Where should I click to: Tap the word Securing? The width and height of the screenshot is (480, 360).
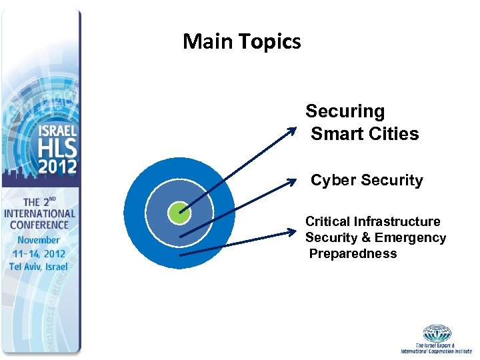pos(345,111)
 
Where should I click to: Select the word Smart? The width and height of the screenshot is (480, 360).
pos(336,134)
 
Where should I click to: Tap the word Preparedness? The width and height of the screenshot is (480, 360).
pos(353,254)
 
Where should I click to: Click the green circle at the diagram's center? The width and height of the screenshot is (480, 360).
pos(179,213)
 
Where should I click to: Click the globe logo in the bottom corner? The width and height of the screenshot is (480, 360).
pos(437,333)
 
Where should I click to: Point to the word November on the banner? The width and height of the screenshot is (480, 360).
pos(39,240)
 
